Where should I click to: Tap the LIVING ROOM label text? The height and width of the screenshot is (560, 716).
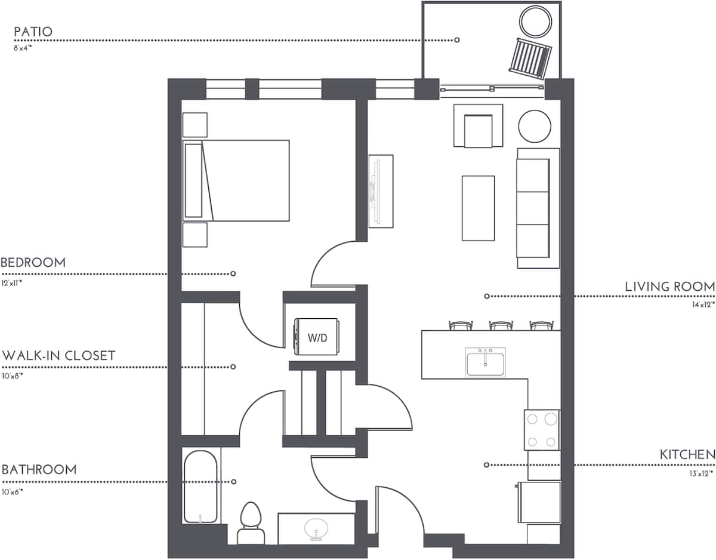[669, 287]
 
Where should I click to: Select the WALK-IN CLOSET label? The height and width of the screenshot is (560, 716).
[58, 356]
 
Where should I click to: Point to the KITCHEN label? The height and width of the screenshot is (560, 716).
[687, 455]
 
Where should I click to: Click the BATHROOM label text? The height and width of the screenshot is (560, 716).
[39, 469]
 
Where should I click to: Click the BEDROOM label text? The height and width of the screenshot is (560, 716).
[33, 263]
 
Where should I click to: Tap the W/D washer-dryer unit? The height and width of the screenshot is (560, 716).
[317, 338]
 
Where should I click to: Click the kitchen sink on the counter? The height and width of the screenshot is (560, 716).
[486, 362]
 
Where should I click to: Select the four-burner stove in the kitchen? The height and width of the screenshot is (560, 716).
[542, 430]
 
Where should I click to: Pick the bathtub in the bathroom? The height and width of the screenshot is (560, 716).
[201, 487]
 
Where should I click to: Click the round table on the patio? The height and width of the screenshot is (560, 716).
[536, 21]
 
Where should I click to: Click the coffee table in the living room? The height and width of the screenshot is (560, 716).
[478, 208]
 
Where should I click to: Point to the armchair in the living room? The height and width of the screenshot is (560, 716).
[478, 127]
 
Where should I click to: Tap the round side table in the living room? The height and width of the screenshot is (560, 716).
[534, 126]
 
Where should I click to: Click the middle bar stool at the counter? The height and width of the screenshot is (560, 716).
[499, 325]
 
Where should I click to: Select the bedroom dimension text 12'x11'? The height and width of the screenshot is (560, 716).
[12, 283]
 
